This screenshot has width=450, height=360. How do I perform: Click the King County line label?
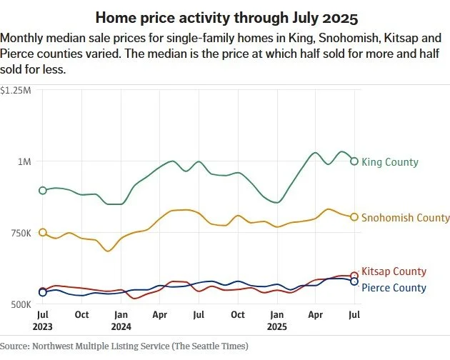click(390, 162)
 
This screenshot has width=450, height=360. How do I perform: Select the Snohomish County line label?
click(406, 217)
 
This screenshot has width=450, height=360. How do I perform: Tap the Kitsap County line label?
click(394, 271)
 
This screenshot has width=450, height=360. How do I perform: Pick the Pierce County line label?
click(394, 288)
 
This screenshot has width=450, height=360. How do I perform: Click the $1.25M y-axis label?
click(16, 90)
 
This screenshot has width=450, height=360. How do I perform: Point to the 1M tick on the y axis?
click(24, 162)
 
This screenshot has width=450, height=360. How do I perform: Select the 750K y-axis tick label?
click(19, 234)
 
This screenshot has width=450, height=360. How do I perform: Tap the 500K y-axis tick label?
click(19, 305)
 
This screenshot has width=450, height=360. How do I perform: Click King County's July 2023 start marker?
click(43, 190)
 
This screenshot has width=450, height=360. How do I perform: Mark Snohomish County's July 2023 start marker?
click(43, 233)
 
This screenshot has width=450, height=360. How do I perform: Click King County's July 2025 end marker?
click(354, 161)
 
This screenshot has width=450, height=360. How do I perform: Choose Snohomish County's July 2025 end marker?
click(354, 217)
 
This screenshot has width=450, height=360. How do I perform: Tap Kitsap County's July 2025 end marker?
click(354, 276)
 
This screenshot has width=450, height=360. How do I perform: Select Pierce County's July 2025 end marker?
click(354, 281)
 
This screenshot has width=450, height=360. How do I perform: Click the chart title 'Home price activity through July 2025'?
click(224, 16)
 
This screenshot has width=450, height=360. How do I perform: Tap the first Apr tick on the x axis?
click(159, 314)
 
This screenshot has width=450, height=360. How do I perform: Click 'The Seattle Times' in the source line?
click(211, 346)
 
